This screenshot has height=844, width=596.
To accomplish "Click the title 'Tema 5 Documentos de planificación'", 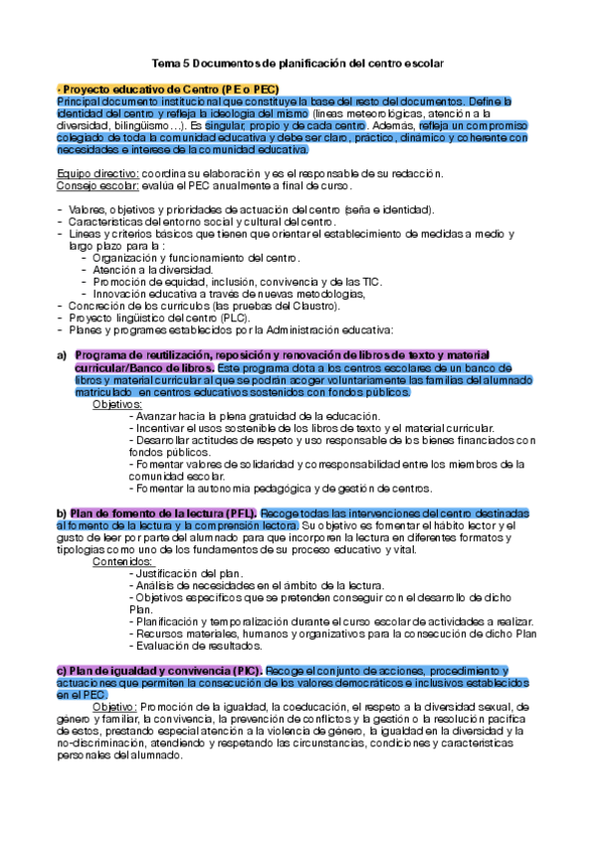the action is tap(298, 64).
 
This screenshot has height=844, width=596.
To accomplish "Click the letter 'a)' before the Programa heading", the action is tap(62, 355).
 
